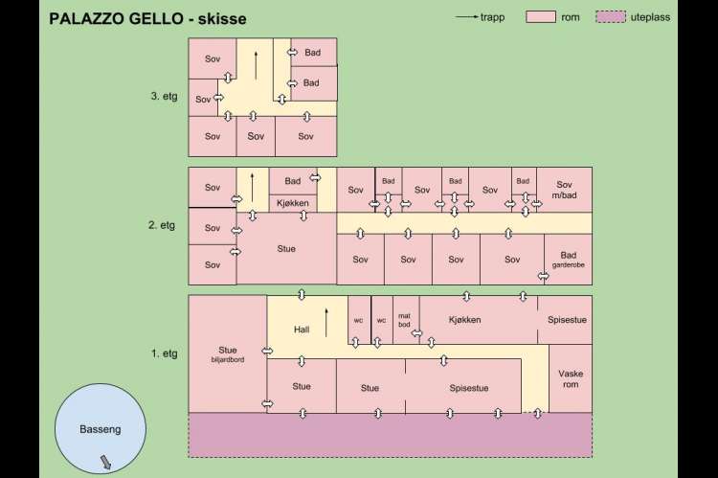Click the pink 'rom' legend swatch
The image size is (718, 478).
541,17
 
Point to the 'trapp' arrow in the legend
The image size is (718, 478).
468,17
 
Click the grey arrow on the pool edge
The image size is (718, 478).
105,464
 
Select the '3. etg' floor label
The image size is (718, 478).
164,97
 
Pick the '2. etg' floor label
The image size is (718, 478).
164,225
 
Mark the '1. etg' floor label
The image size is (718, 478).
164,353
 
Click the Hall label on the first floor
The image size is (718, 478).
302,330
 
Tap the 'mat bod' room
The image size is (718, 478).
405,319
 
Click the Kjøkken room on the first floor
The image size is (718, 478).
463,319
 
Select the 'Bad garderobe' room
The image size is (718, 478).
568,260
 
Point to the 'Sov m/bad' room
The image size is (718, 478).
564,190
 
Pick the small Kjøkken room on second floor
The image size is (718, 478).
293,203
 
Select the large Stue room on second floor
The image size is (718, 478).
286,249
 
